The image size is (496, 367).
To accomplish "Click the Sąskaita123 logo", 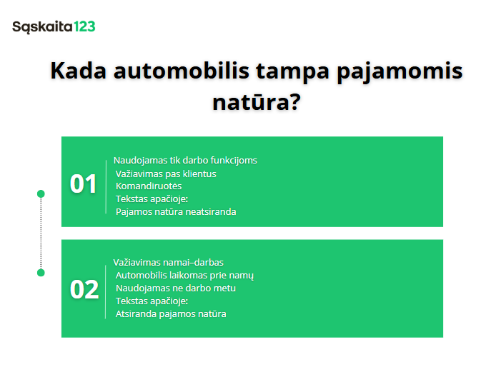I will click(54, 27).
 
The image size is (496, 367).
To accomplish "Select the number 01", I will click(83, 184).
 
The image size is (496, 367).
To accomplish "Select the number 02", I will click(84, 289).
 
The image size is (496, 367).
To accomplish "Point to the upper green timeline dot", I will click(41, 193).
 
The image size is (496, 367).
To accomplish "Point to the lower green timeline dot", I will click(41, 273).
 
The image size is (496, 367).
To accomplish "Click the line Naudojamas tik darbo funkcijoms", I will click(185, 160).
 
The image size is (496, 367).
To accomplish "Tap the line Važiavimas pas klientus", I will click(166, 173).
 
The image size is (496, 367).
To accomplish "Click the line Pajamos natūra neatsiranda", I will click(176, 211).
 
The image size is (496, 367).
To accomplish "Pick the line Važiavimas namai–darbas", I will click(169, 262).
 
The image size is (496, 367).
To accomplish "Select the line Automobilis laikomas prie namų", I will click(184, 275).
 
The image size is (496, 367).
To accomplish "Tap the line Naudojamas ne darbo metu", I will click(176, 288).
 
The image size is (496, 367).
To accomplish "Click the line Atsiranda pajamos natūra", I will click(171, 313).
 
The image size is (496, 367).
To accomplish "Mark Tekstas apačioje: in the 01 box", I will click(152, 198).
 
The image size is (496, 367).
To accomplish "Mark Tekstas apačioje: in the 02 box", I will click(152, 301).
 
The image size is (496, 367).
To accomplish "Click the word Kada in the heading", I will click(75, 72).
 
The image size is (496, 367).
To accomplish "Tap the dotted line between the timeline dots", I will click(41, 233).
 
